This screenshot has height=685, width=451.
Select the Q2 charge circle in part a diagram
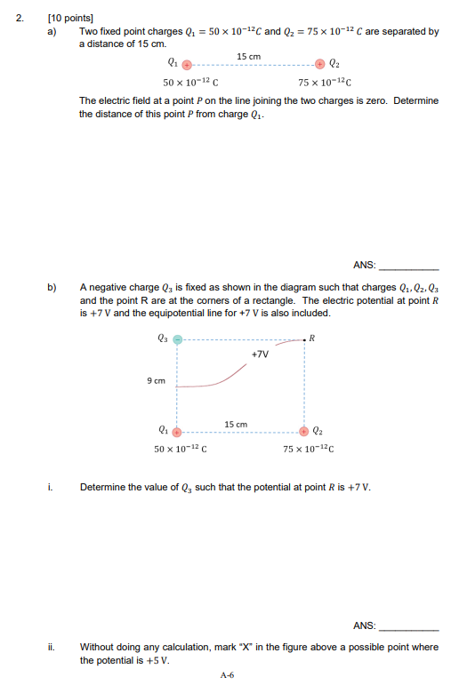[320, 64]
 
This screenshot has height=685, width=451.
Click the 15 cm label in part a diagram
[249, 56]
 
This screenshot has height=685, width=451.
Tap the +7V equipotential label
[260, 354]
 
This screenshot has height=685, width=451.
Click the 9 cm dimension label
[157, 381]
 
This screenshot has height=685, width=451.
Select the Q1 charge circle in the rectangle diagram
[177, 431]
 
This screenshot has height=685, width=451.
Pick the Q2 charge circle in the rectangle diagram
[304, 431]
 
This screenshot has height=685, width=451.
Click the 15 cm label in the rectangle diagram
[236, 424]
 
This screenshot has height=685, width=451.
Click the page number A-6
[227, 675]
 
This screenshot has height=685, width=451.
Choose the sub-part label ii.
[53, 647]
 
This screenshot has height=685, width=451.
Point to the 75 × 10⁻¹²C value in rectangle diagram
[309, 449]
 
